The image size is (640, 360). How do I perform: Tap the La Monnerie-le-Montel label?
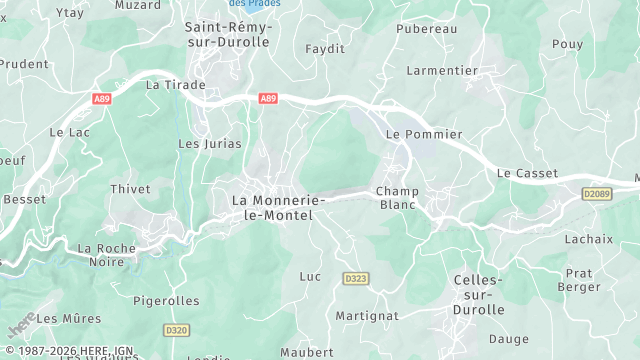tap(278, 207)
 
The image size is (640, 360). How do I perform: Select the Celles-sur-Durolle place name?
tap(478, 295)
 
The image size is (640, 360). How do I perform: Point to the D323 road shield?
tap(355, 277)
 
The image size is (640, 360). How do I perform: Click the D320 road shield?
tap(176, 329)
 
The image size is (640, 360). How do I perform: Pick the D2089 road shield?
tap(596, 193)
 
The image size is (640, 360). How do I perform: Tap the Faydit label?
tap(324, 48)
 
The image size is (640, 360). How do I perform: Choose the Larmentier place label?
tap(442, 71)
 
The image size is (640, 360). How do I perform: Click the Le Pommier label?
tap(424, 134)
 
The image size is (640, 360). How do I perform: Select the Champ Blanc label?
tap(397, 198)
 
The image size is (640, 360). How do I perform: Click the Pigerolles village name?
tap(166, 300)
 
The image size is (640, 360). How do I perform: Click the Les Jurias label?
tap(210, 144)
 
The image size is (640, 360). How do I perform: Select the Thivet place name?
tap(130, 188)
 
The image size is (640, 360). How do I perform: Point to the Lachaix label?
tap(588, 239)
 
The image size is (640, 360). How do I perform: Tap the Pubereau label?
tap(426, 29)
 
